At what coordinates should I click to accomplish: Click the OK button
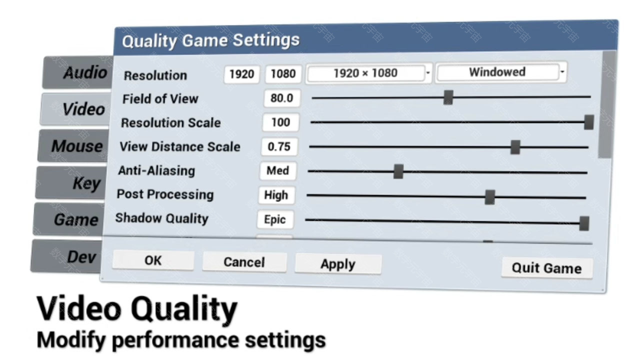click(x=153, y=260)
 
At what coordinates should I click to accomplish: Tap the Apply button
click(x=338, y=263)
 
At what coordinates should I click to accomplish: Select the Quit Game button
click(x=547, y=267)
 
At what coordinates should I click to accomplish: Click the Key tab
click(x=71, y=182)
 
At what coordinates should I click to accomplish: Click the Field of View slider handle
click(x=448, y=97)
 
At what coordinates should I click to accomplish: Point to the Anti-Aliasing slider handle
click(x=398, y=171)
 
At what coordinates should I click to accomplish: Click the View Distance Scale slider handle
click(x=515, y=147)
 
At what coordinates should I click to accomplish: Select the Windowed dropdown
click(x=501, y=72)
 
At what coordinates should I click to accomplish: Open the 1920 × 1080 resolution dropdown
click(x=368, y=73)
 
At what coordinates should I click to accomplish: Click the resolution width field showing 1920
click(x=241, y=74)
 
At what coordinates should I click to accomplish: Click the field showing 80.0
click(x=282, y=98)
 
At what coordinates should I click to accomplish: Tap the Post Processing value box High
click(x=276, y=195)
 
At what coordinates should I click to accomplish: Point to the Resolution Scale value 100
click(x=280, y=122)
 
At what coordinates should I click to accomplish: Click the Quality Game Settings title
click(x=211, y=40)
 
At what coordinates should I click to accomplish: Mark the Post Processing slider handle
click(x=489, y=197)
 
